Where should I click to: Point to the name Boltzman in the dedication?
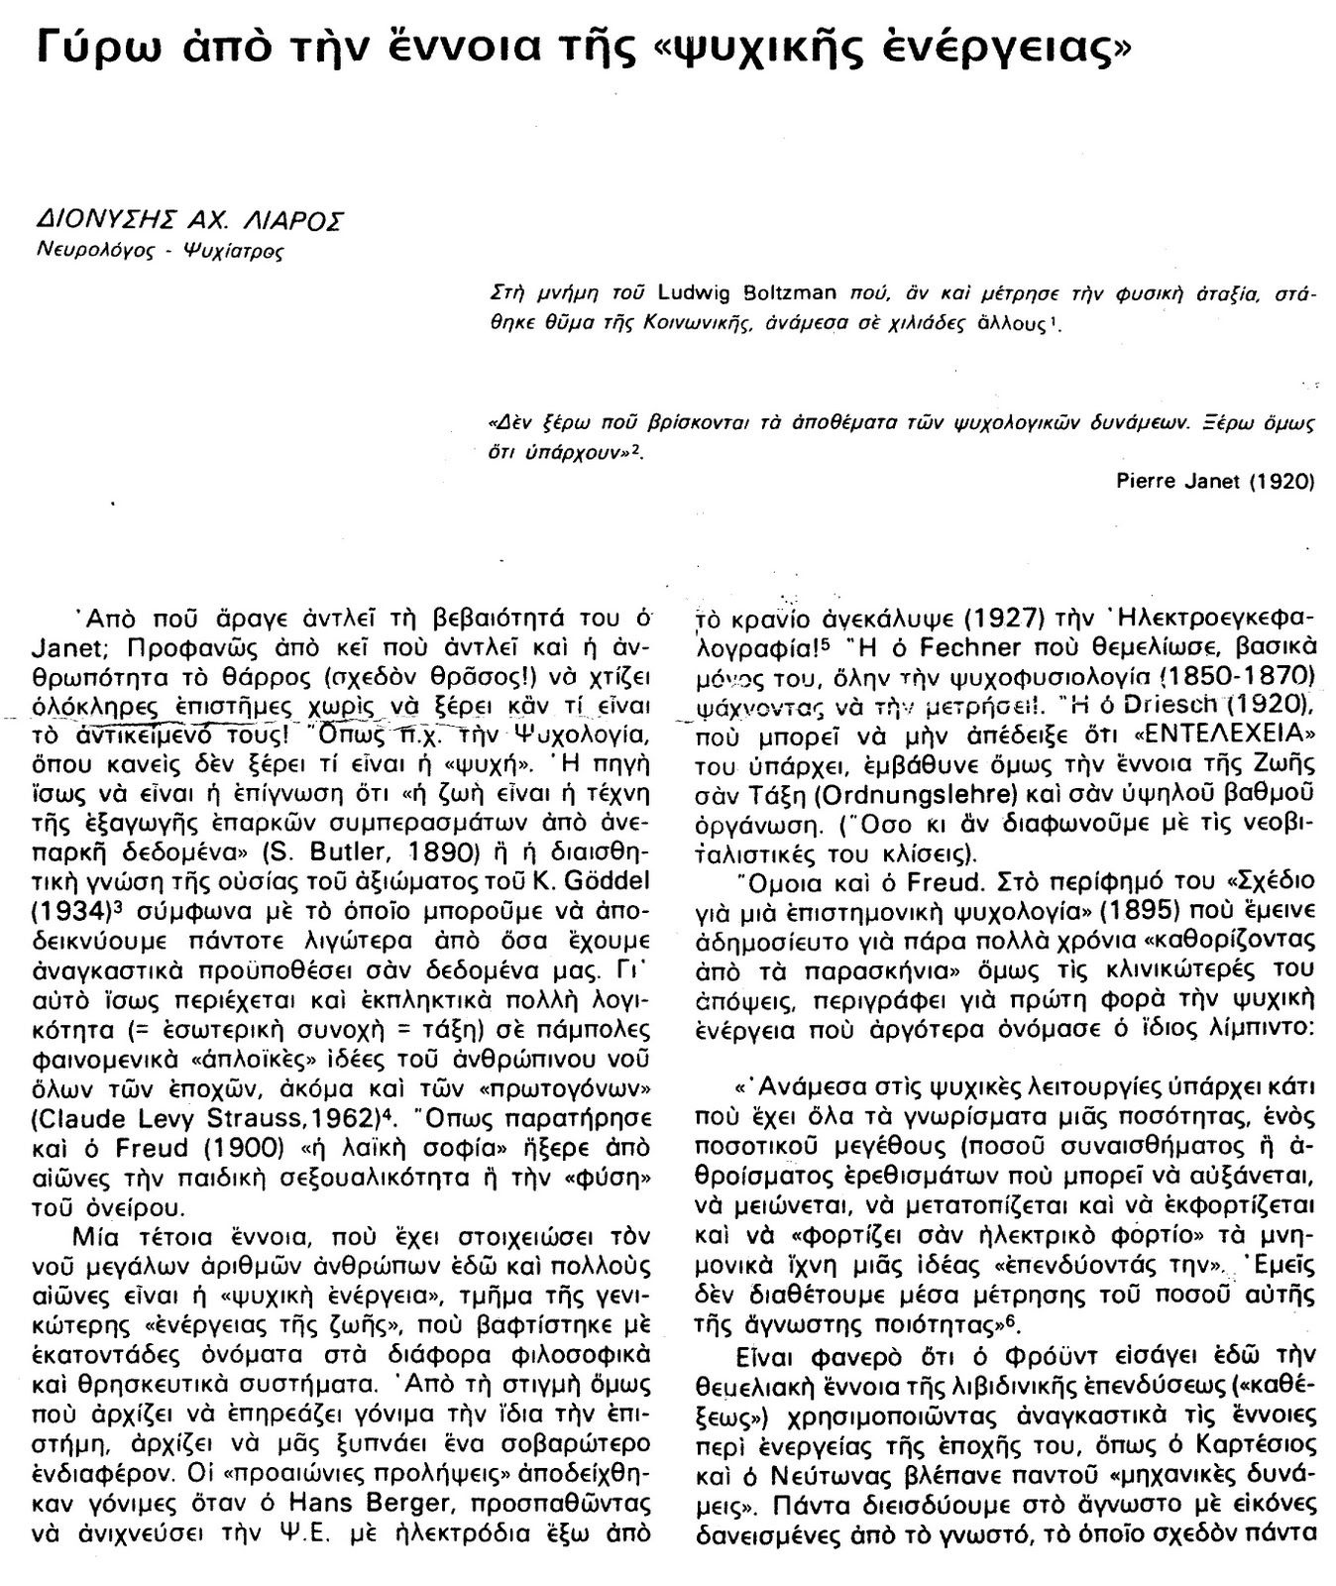coord(791,292)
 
